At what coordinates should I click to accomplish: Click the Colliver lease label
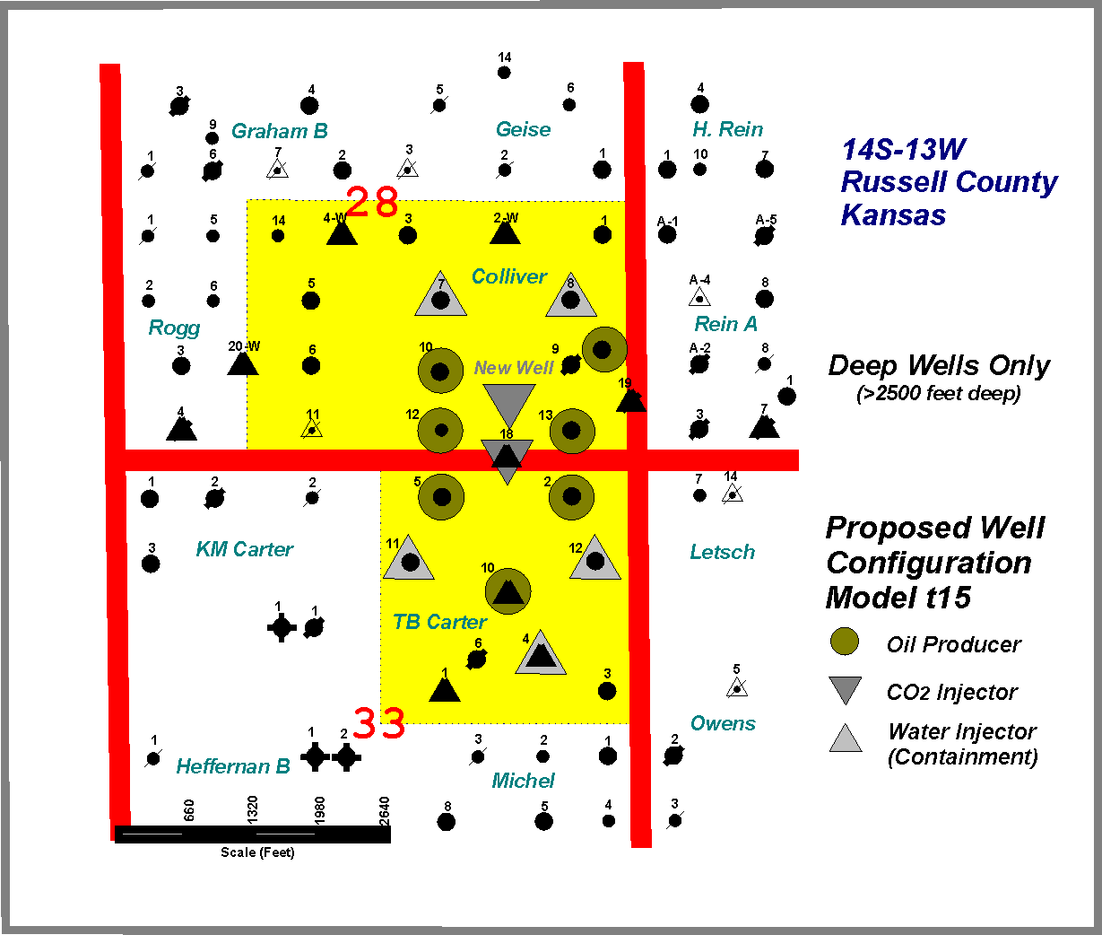point(509,276)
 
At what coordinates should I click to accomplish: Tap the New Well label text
point(514,368)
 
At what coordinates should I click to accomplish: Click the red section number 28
point(371,204)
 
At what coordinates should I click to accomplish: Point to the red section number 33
point(378,722)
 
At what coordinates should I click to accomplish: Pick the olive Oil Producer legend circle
point(845,642)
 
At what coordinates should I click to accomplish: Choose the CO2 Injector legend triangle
point(845,689)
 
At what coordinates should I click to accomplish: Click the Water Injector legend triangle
point(845,739)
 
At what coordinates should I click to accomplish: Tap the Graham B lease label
point(280,131)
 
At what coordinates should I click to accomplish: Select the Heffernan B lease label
point(233,766)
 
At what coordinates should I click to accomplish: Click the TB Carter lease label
point(439,622)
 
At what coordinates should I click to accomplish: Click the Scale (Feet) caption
point(257,852)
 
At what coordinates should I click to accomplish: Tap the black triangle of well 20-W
point(242,363)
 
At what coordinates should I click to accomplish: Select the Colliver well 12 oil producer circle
point(440,431)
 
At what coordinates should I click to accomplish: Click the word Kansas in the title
point(893,215)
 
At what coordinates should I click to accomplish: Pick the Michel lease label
point(523,781)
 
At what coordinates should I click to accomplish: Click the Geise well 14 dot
point(504,73)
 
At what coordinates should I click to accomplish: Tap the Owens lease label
point(723,723)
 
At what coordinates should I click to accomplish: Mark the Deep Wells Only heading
point(938,365)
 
